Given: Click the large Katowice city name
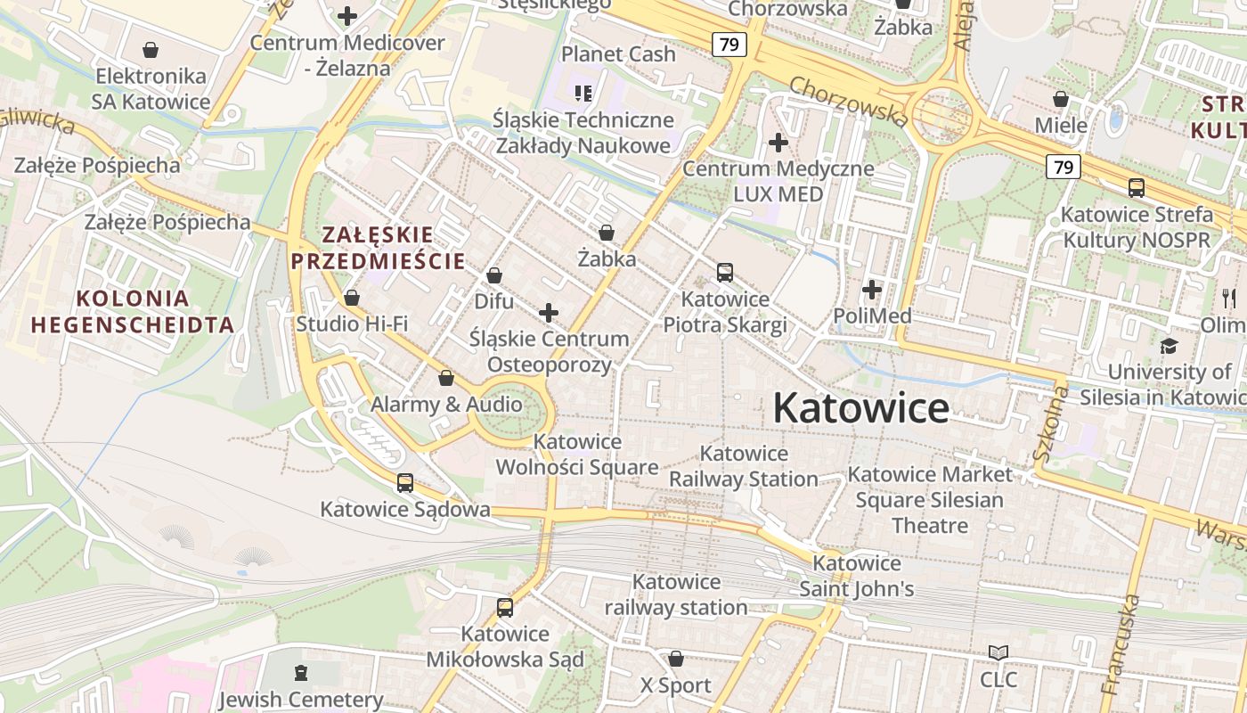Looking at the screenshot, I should (x=860, y=408).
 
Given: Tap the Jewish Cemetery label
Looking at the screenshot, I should (x=301, y=700).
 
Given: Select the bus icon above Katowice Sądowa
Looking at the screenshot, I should (x=405, y=483).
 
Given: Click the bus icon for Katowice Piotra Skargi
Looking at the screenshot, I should (x=725, y=273).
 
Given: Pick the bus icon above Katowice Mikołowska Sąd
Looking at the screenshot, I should (x=505, y=608).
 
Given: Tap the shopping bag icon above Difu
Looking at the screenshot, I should (x=493, y=276).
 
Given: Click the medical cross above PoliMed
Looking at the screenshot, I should (x=872, y=290).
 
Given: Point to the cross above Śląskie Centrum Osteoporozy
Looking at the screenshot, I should (x=549, y=313).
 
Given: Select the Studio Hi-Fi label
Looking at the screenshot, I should (x=352, y=323).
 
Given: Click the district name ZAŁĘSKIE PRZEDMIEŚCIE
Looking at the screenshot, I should (x=378, y=248).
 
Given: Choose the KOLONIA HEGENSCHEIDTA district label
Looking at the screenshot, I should (x=134, y=311).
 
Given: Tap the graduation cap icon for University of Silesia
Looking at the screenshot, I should (x=1168, y=346).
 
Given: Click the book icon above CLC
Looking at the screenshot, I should (x=998, y=653).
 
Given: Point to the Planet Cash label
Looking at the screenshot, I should (x=618, y=54).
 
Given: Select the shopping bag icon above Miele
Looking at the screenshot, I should (x=1061, y=99).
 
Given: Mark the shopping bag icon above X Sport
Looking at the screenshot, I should (x=676, y=660).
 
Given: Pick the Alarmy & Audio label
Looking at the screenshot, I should (x=446, y=404).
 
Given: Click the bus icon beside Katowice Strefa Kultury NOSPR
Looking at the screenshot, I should (x=1137, y=188).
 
